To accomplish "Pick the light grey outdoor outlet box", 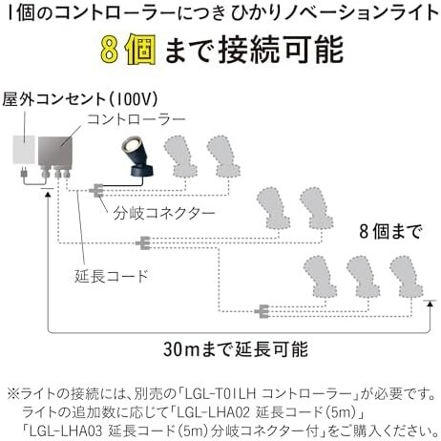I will tap(22, 153).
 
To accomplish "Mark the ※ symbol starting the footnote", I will tap(13, 392).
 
